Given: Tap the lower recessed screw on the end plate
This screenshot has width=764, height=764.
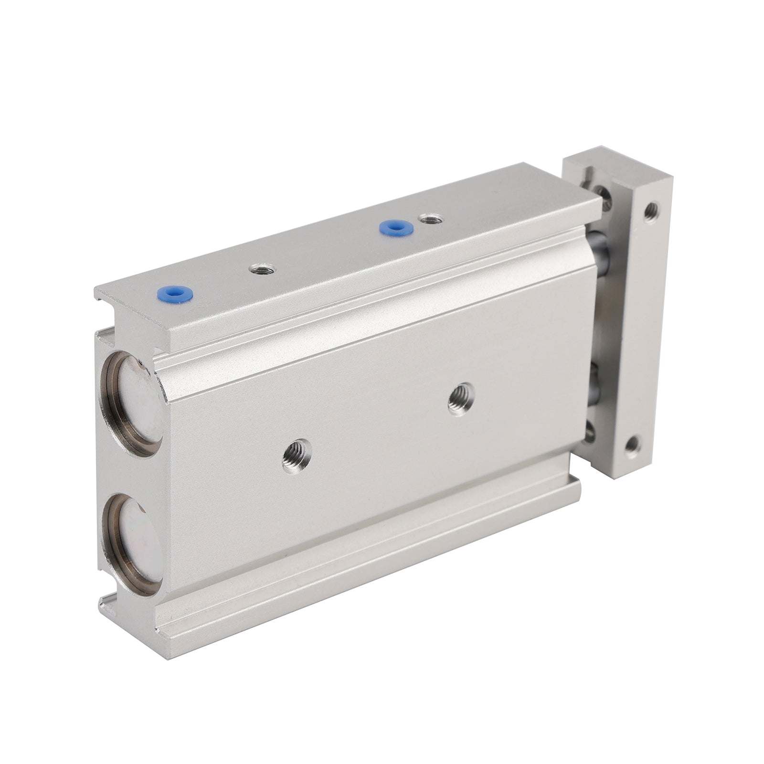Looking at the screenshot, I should tap(591, 432).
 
